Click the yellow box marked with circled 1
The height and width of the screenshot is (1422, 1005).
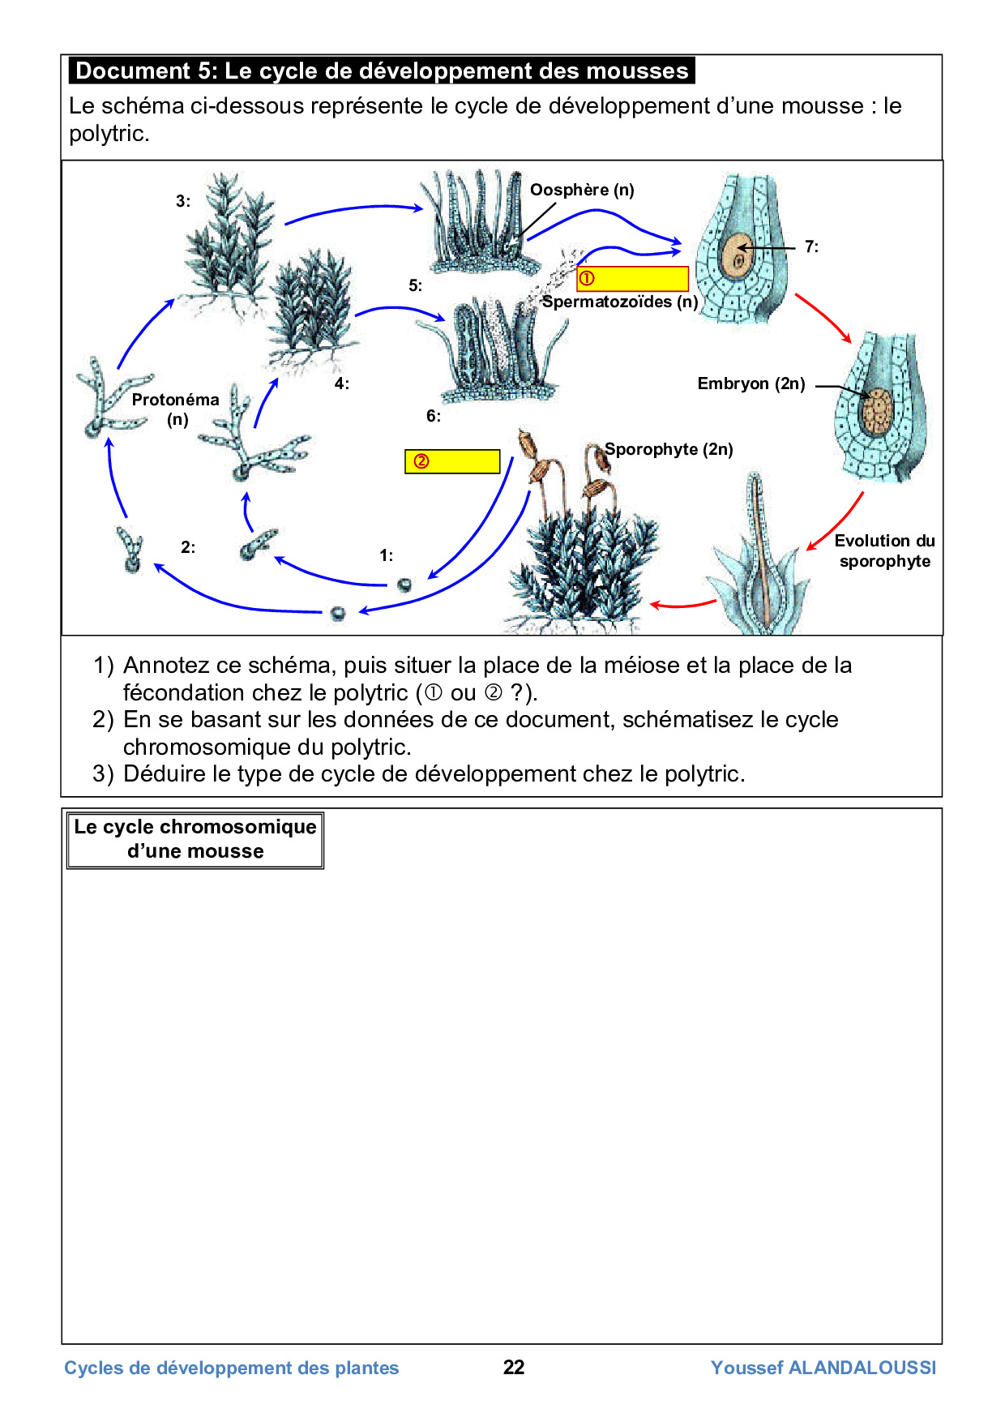[632, 279]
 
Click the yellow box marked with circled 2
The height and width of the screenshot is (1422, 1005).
[452, 461]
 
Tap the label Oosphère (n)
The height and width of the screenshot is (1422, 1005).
[582, 190]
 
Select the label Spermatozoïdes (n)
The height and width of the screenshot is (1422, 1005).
[620, 302]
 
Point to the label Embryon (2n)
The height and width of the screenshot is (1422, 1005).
[751, 383]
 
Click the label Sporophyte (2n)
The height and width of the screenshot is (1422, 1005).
[669, 449]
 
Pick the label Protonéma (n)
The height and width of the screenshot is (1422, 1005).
[176, 409]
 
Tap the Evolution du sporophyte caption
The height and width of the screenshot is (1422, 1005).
[884, 550]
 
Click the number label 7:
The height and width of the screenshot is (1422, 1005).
[811, 246]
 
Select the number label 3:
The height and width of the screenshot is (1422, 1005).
[183, 201]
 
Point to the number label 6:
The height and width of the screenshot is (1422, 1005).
[434, 416]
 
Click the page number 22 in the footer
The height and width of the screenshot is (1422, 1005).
[514, 1368]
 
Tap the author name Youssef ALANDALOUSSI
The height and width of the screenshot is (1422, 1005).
[823, 1368]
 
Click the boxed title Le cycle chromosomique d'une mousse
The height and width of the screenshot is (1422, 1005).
[195, 839]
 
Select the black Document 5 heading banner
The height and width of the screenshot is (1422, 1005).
[382, 71]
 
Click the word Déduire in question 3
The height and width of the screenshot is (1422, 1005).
[165, 774]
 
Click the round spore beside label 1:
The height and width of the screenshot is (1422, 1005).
[404, 585]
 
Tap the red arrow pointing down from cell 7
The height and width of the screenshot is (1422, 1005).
[824, 318]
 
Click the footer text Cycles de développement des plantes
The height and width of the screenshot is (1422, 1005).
[232, 1368]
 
